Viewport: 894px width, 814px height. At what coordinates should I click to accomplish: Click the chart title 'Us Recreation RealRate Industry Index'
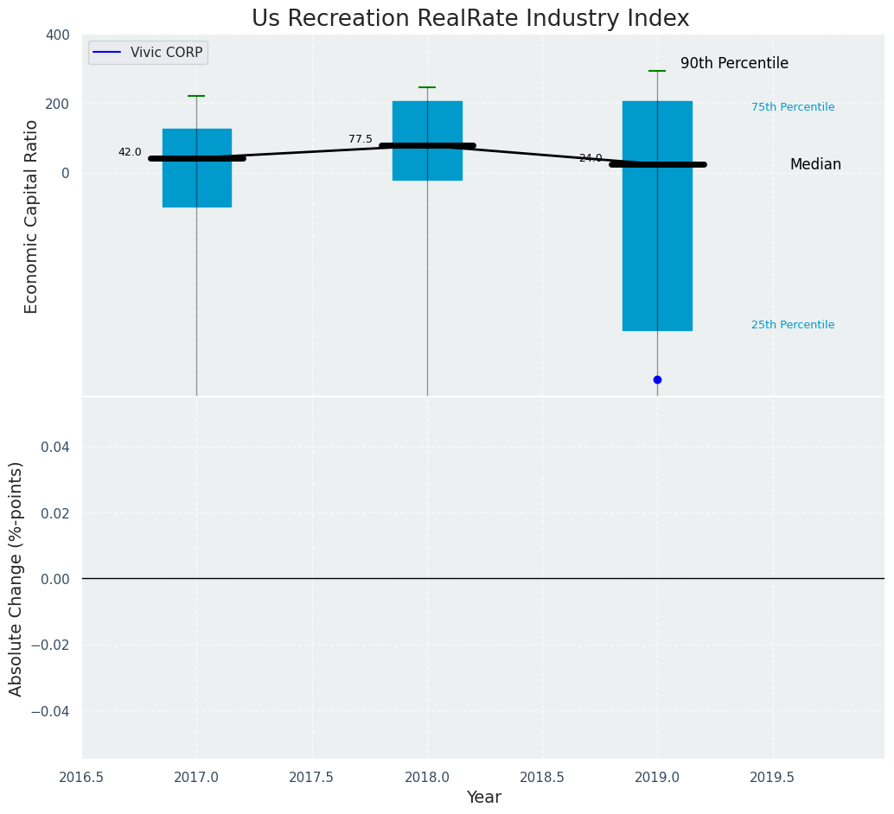pyautogui.click(x=470, y=19)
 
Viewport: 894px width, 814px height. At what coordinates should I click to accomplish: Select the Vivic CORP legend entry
pyautogui.click(x=148, y=53)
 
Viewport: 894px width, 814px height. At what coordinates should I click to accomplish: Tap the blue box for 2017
pyautogui.click(x=196, y=181)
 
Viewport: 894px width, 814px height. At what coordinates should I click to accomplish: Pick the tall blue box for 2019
pyautogui.click(x=657, y=259)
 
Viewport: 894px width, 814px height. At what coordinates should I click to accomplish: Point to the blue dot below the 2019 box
pyautogui.click(x=657, y=379)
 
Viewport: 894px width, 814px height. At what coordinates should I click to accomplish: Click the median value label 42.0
pyautogui.click(x=130, y=152)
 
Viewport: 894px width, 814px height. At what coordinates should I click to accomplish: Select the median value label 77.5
pyautogui.click(x=361, y=139)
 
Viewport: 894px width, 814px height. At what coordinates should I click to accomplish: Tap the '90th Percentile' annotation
pyautogui.click(x=734, y=64)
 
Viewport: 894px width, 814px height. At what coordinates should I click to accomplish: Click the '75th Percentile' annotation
pyautogui.click(x=793, y=107)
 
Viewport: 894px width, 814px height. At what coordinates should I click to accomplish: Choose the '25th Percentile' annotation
pyautogui.click(x=793, y=325)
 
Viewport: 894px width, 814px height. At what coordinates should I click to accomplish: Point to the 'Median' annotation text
pyautogui.click(x=815, y=165)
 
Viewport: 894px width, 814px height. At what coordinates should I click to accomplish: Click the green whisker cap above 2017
pyautogui.click(x=196, y=96)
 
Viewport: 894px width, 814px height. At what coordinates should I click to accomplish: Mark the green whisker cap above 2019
pyautogui.click(x=657, y=71)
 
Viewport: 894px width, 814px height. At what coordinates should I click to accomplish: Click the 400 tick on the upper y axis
pyautogui.click(x=58, y=35)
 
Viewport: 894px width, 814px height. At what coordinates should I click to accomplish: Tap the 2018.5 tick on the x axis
pyautogui.click(x=542, y=777)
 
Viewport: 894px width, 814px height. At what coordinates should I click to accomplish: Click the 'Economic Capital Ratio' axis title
pyautogui.click(x=32, y=216)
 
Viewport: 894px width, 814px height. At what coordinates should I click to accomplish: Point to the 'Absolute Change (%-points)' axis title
pyautogui.click(x=16, y=578)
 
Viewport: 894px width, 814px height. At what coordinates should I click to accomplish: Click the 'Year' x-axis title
pyautogui.click(x=483, y=798)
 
